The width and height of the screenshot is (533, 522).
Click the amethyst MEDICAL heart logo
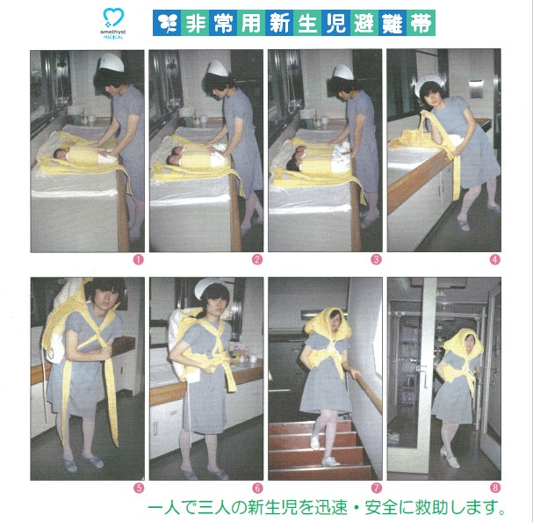[113, 18]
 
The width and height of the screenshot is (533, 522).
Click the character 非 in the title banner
[195, 23]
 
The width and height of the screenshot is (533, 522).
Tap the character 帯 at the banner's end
[421, 23]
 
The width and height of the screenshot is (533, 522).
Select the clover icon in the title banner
[167, 23]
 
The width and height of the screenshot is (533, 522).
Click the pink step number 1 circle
[139, 259]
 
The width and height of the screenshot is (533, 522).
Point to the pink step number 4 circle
[495, 259]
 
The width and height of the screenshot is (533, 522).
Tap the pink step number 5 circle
[139, 488]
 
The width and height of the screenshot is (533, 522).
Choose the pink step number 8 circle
[495, 488]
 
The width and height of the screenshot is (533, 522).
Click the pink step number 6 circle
[257, 488]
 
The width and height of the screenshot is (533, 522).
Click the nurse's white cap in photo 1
[112, 62]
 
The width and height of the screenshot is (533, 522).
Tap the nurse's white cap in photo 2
[218, 69]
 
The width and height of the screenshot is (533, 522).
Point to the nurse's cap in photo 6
[210, 288]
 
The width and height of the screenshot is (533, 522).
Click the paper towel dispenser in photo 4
[475, 89]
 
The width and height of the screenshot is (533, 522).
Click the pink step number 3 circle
[376, 259]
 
